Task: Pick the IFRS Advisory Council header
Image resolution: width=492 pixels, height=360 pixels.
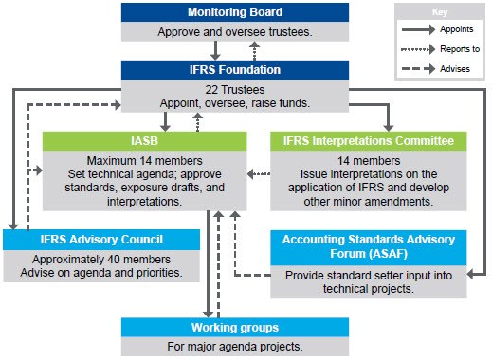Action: [101, 239]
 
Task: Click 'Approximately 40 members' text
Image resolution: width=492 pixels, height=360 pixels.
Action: [101, 259]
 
